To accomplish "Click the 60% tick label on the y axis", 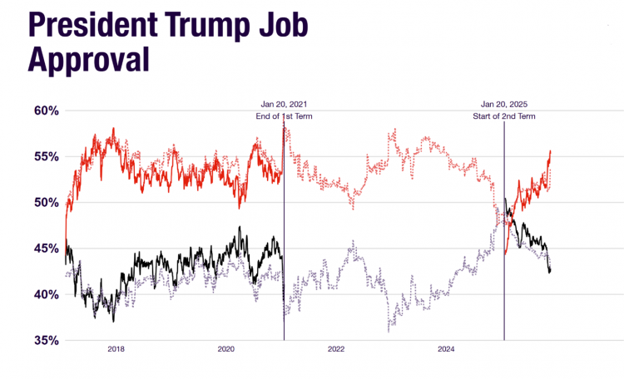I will tap(42, 111).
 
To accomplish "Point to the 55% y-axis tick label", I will tap(42, 156).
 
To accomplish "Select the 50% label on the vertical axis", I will tap(42, 202).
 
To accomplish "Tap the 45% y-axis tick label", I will tap(42, 248).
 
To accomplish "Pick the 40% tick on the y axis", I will tap(42, 294).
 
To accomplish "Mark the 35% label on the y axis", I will tap(42, 340).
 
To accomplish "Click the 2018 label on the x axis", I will tap(116, 350).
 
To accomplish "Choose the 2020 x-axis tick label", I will tap(226, 350).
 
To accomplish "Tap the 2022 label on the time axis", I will tap(336, 350).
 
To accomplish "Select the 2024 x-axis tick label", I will tap(446, 350).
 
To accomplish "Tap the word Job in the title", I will tap(282, 27).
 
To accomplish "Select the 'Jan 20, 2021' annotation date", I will tap(285, 104).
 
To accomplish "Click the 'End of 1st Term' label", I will tap(285, 116).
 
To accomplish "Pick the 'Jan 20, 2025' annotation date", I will tap(504, 104).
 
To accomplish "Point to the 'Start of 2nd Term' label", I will tap(504, 116).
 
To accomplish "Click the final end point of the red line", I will tap(551, 151).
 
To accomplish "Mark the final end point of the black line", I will tap(550, 271).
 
